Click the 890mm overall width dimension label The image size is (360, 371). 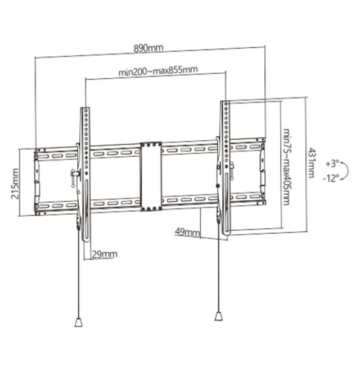click(x=148, y=48)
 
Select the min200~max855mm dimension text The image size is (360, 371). click(x=157, y=71)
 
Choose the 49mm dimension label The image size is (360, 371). click(x=187, y=232)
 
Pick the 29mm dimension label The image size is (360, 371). click(x=105, y=254)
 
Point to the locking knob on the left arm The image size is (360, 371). click(x=74, y=176)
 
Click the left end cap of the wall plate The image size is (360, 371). click(x=37, y=181)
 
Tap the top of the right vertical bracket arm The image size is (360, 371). click(x=225, y=104)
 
